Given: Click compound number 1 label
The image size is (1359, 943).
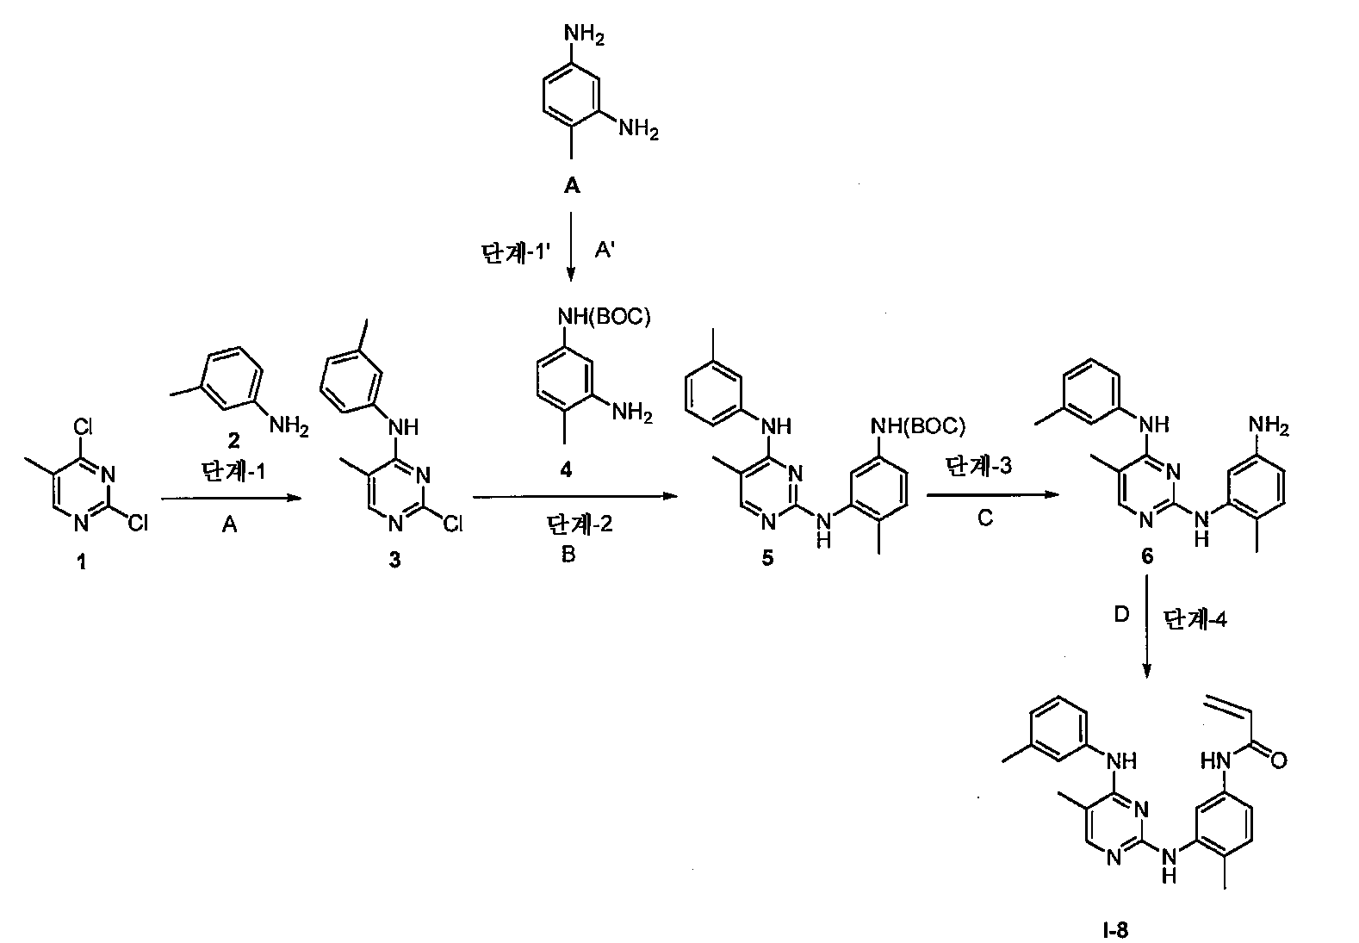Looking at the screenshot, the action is pos(81,562).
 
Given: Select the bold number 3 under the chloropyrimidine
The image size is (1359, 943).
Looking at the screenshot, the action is pos(395,560).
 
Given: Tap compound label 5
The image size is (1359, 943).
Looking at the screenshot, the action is pos(767,558).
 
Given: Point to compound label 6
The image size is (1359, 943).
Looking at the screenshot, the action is pos(1147,555).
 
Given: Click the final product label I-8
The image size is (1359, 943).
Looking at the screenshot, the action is pos(1115,930).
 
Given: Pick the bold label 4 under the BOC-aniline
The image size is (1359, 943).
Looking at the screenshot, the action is pos(566,469).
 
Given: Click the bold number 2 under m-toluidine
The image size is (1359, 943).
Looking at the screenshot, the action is pos(233,440).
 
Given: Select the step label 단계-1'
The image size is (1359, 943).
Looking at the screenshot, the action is pos(515,252).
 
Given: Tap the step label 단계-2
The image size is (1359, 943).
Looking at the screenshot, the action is pos(580,524).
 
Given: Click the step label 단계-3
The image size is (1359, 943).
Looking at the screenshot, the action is pos(978,466).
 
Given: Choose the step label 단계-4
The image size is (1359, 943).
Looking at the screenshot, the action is pos(1195,619).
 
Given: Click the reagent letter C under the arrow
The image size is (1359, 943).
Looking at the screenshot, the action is pos(984,518).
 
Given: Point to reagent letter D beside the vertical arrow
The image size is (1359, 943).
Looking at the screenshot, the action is pos(1122,615).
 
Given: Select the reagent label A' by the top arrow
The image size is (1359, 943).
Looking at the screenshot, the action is pos(605,250).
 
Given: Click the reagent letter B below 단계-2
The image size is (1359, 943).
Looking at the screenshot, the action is pos(568,554).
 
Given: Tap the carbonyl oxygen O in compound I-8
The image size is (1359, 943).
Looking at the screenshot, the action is pos(1278,760).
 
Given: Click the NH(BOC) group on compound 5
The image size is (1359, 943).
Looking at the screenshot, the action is pos(917,426).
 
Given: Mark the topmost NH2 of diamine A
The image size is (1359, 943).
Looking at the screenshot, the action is pos(584,34).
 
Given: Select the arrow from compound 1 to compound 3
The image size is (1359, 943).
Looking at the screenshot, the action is pos(231,499).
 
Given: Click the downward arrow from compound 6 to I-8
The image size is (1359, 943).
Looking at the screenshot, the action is pos(1146,625).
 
